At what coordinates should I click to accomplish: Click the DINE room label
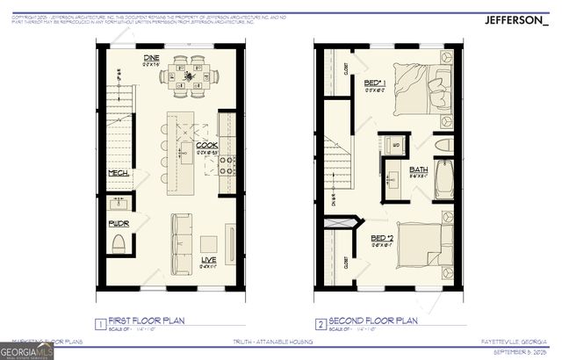[150, 59]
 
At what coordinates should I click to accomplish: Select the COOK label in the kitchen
[206, 145]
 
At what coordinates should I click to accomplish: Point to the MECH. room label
[119, 174]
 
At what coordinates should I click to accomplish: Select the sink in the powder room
[119, 205]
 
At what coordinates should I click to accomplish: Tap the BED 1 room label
[375, 83]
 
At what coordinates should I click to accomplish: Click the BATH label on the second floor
[418, 169]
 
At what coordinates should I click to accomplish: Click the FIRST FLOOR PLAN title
[152, 322]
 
